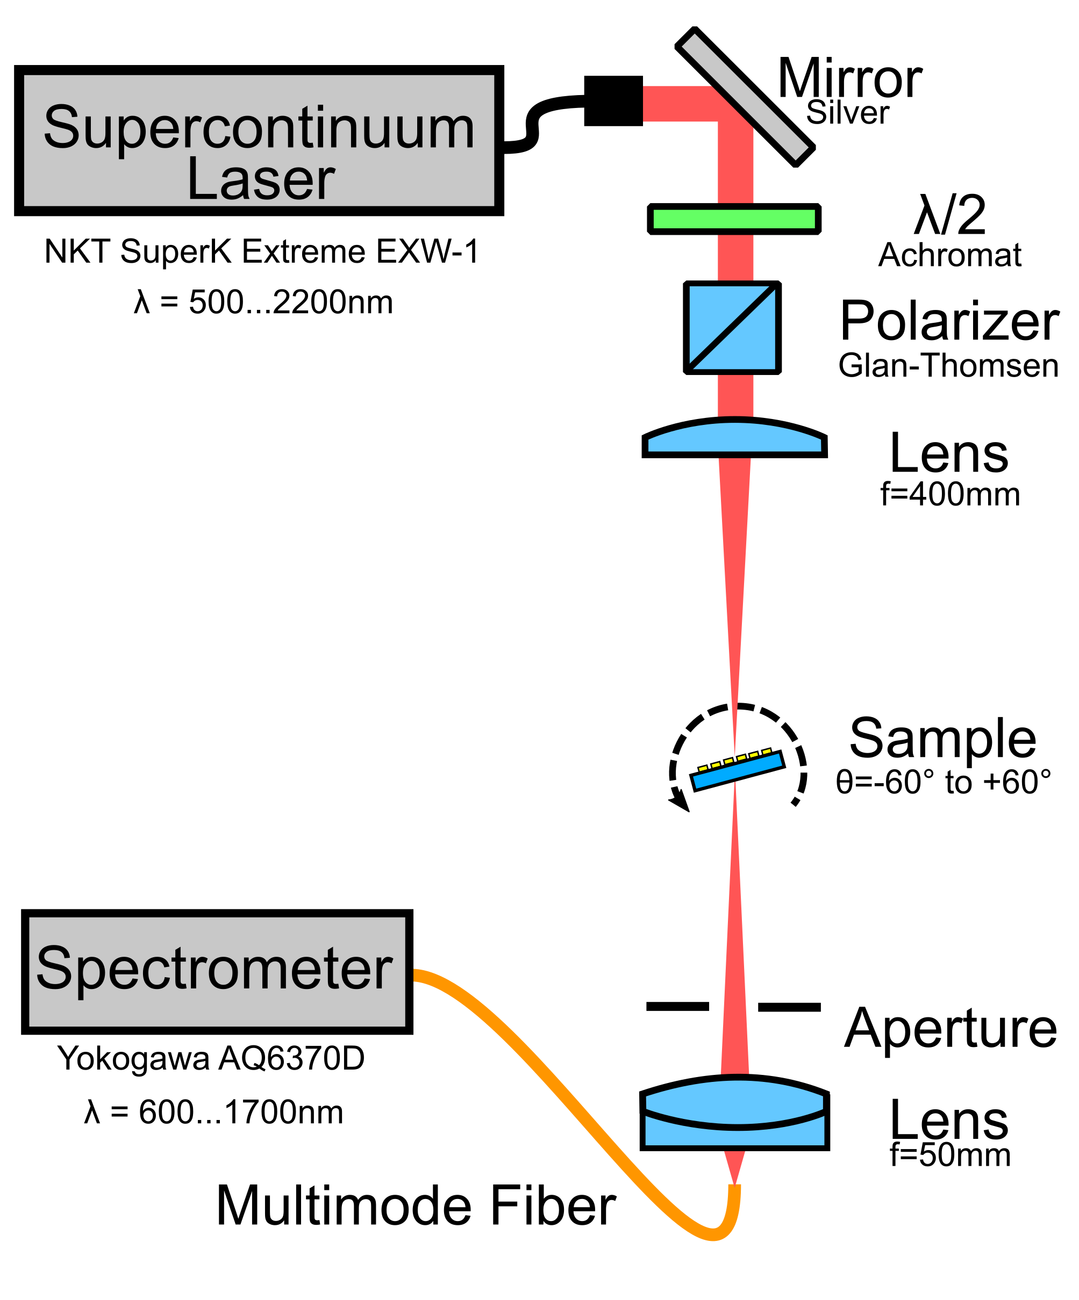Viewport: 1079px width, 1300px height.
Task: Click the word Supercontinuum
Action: pos(259,127)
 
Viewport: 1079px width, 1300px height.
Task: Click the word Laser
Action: pos(260,180)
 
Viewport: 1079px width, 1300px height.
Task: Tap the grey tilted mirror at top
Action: pos(746,97)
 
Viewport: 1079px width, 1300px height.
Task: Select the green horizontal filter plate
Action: pos(734,219)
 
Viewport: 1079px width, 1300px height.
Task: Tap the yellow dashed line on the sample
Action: pos(734,760)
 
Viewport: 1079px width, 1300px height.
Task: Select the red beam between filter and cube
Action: pos(735,257)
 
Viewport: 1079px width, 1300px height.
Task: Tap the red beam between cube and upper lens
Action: pos(735,395)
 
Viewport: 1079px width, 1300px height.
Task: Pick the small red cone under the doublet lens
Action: pos(734,1164)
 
